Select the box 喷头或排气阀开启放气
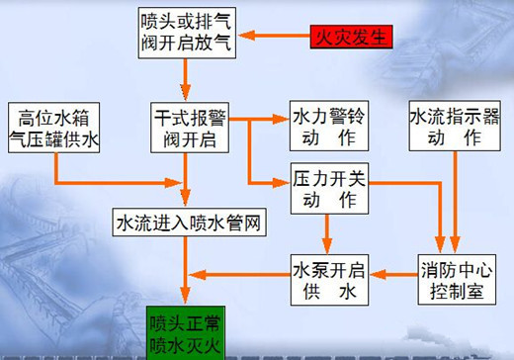click(x=185, y=31)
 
